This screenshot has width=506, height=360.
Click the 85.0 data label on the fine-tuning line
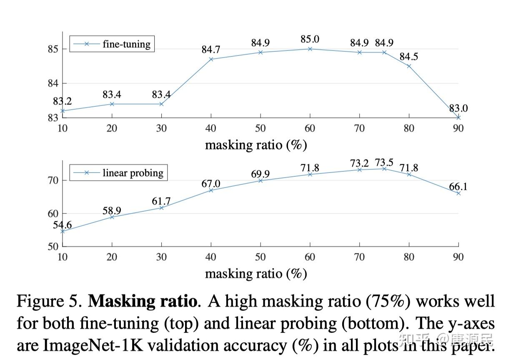(x=310, y=39)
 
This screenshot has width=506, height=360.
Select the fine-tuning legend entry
(x=112, y=44)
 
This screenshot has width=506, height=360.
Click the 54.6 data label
(x=63, y=225)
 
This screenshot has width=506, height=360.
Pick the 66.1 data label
(x=458, y=186)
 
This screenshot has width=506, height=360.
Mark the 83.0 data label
(x=458, y=108)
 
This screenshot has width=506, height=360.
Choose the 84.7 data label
(x=211, y=50)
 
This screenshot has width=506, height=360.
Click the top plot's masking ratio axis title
(x=256, y=145)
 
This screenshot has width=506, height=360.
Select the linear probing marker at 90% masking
(x=458, y=193)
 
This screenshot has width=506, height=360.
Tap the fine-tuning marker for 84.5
(x=409, y=66)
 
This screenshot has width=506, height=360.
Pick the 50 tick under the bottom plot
(x=260, y=257)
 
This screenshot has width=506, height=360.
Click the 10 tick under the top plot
(x=63, y=128)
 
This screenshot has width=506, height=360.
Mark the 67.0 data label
(x=211, y=184)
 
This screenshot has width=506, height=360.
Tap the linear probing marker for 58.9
(x=112, y=217)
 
